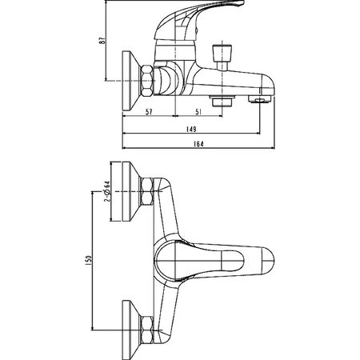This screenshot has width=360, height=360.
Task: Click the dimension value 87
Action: (102, 41)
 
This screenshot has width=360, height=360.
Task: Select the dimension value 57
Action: (149, 112)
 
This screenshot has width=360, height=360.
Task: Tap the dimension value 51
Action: (198, 112)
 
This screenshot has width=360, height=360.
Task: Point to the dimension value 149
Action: (191, 129)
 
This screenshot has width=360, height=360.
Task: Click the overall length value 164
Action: (198, 144)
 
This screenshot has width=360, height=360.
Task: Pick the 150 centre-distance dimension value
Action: (89, 260)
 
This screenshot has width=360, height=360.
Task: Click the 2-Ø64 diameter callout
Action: (106, 191)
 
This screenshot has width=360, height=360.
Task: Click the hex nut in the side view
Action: (147, 81)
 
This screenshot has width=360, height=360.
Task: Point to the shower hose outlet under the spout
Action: (222, 101)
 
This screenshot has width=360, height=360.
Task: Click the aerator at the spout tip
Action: (260, 99)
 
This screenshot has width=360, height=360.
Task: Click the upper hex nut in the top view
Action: (147, 191)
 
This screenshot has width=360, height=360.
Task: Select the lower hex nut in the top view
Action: (147, 330)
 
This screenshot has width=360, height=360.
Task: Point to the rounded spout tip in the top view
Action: (268, 261)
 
